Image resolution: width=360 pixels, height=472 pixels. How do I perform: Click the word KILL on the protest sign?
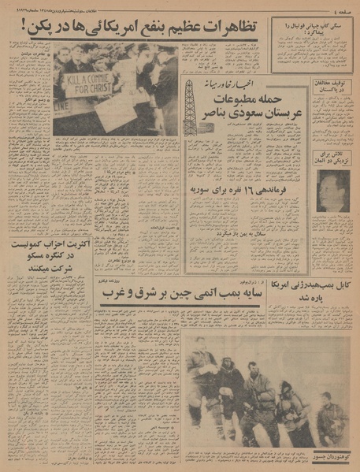coord(73,80)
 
